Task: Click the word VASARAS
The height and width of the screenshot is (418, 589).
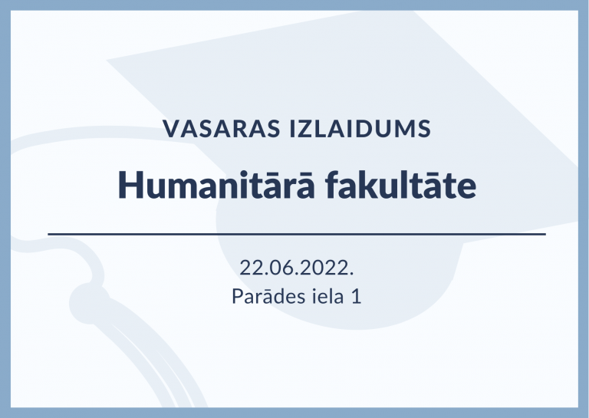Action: coord(222,128)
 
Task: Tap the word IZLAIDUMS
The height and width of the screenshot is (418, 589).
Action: coord(360,128)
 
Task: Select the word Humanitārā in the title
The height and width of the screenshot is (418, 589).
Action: coord(216,185)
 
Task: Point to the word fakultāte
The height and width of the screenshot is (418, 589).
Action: coord(401,184)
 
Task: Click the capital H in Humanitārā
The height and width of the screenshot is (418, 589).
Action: coord(128,185)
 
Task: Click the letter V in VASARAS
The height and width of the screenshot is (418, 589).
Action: coord(171,128)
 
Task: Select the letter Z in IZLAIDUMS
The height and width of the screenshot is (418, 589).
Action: coord(304,128)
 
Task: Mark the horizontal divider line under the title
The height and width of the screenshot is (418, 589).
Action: coord(297,234)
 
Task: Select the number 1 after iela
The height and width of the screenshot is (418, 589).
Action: coord(357,296)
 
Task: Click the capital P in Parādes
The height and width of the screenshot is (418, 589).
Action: coord(238,296)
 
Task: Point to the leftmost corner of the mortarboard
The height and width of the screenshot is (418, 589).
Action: coord(107,59)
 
